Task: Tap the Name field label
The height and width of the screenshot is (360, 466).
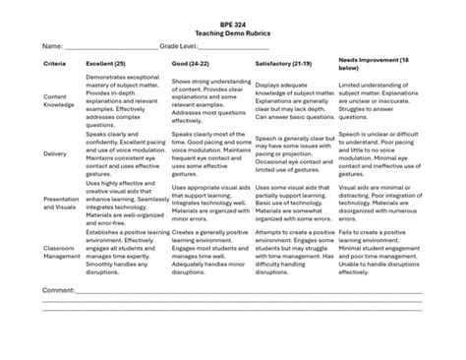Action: pos(51,46)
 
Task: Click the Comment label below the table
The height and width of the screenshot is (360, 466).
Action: pos(59,292)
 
